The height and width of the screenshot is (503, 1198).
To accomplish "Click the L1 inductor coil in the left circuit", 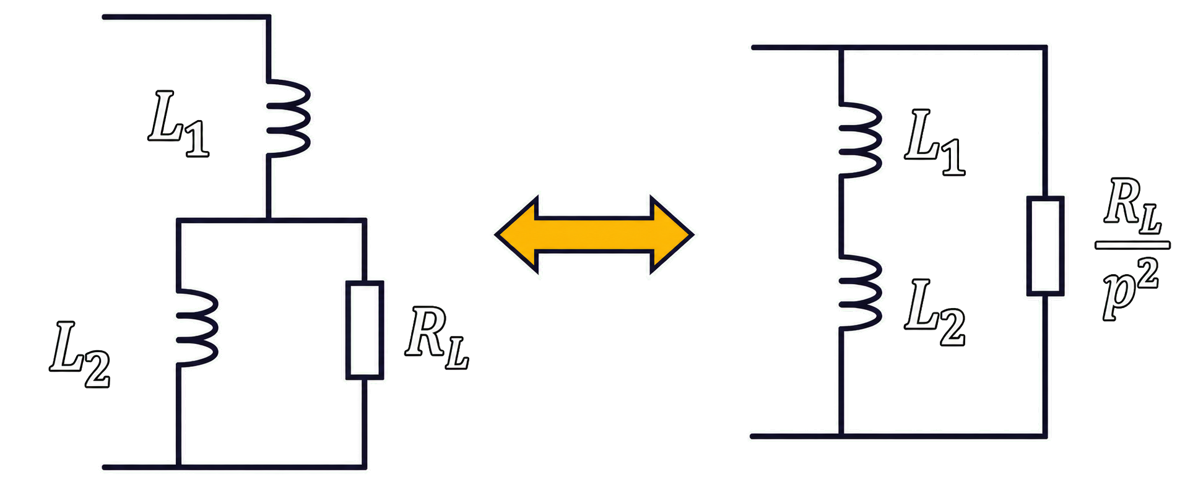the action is pyautogui.click(x=291, y=118).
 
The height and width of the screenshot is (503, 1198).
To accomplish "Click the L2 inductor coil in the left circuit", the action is pyautogui.click(x=200, y=328).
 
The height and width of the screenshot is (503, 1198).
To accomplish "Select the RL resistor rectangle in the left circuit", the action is pyautogui.click(x=365, y=330).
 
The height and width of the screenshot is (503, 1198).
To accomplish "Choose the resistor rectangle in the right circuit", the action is pyautogui.click(x=1045, y=246).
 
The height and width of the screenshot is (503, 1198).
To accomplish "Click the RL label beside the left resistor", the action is pyautogui.click(x=437, y=339).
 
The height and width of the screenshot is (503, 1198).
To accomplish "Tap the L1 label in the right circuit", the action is pyautogui.click(x=935, y=142).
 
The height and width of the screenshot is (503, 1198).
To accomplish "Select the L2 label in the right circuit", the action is pyautogui.click(x=935, y=312).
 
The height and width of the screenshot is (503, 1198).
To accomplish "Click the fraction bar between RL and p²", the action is pyautogui.click(x=1132, y=245).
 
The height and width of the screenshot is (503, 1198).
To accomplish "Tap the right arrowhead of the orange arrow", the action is pyautogui.click(x=672, y=234).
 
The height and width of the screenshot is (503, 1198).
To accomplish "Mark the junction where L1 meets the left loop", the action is pyautogui.click(x=268, y=220).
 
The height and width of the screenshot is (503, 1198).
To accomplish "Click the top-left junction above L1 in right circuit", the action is pyautogui.click(x=841, y=47).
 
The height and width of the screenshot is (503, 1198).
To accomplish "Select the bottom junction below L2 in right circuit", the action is pyautogui.click(x=841, y=436).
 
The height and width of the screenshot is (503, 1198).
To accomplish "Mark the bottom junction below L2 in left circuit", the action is pyautogui.click(x=178, y=467).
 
